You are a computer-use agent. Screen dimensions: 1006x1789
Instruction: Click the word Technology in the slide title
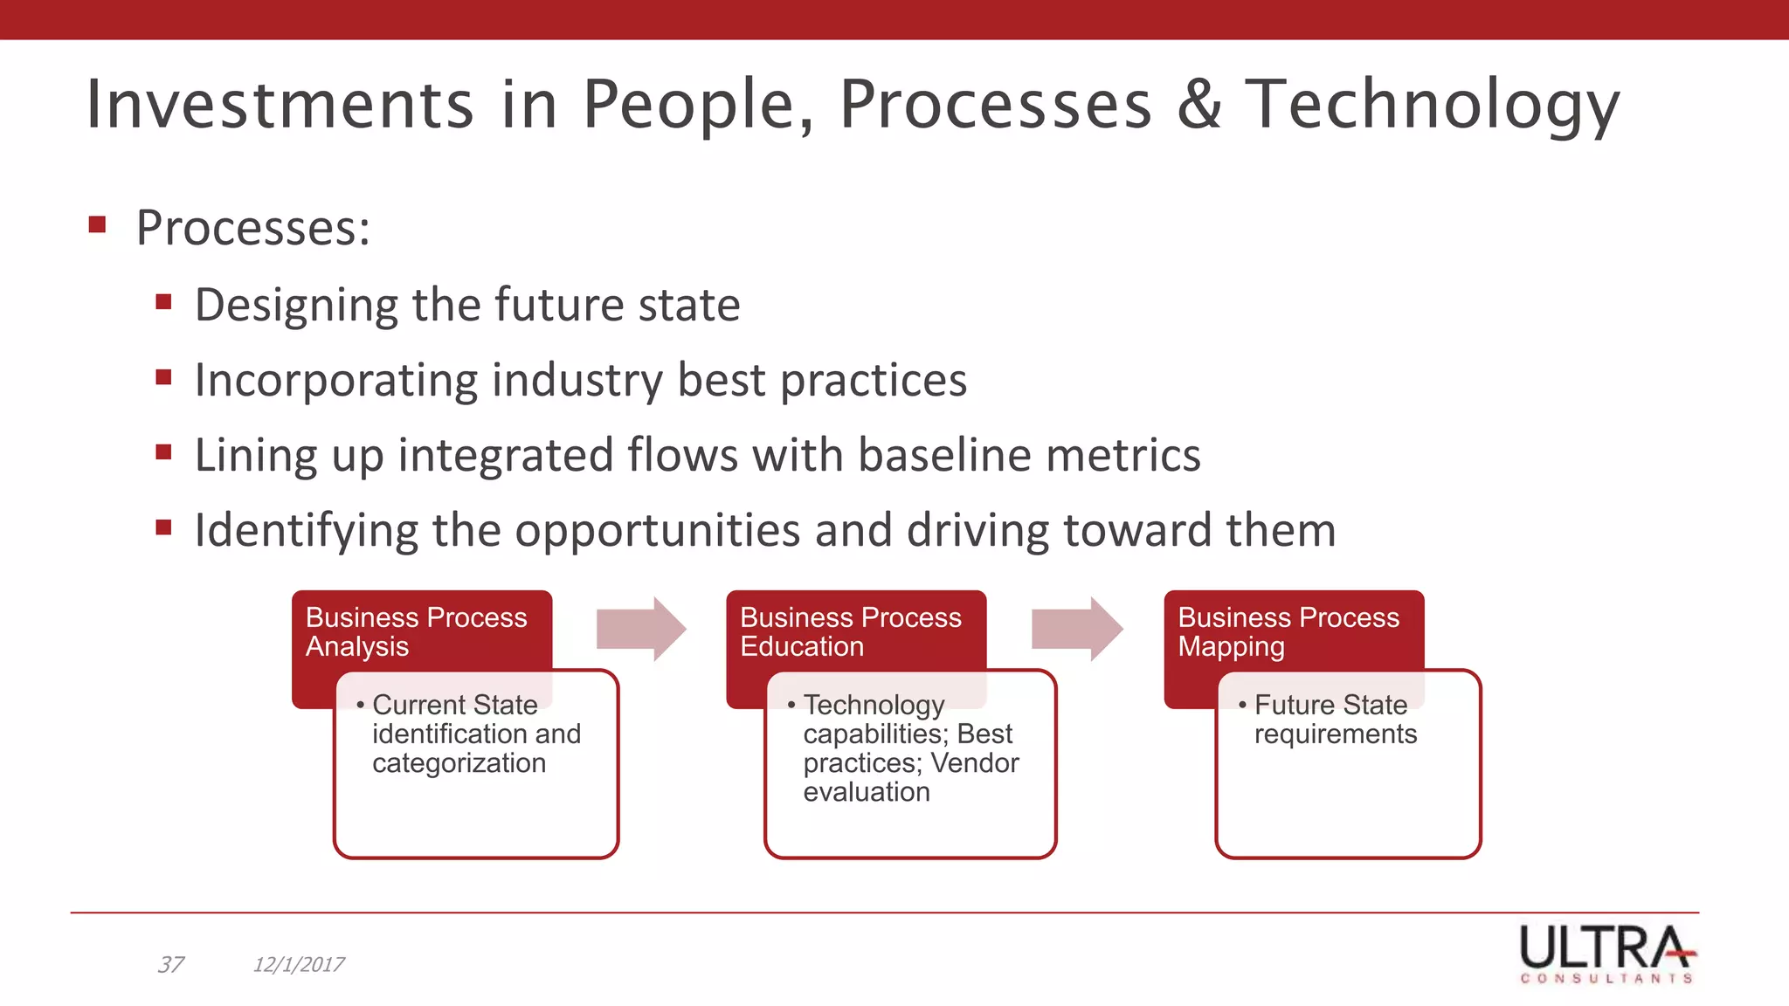click(1433, 105)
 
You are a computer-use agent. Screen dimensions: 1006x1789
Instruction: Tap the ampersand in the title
click(1198, 105)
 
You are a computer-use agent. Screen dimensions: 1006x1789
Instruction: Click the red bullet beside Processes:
click(97, 225)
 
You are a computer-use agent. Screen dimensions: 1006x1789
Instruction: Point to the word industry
click(577, 381)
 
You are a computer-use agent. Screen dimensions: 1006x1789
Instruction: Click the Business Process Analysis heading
click(416, 631)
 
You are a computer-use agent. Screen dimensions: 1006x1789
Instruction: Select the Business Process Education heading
click(850, 631)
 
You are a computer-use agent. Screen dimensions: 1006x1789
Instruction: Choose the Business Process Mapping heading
click(1288, 631)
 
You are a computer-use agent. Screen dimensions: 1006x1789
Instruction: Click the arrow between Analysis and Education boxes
click(641, 629)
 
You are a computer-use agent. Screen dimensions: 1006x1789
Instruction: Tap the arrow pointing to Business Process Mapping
click(1077, 629)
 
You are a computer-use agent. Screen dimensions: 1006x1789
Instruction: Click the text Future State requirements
click(1334, 719)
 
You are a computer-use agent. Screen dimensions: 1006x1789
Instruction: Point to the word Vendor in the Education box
click(974, 762)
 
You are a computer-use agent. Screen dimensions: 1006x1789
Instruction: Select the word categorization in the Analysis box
click(459, 762)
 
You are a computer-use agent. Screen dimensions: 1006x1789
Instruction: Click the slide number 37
click(170, 964)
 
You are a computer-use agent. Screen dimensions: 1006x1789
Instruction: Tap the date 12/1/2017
click(299, 964)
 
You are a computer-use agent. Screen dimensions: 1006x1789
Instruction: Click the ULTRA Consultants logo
click(1606, 954)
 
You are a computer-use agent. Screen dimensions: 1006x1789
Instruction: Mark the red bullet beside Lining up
click(163, 452)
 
